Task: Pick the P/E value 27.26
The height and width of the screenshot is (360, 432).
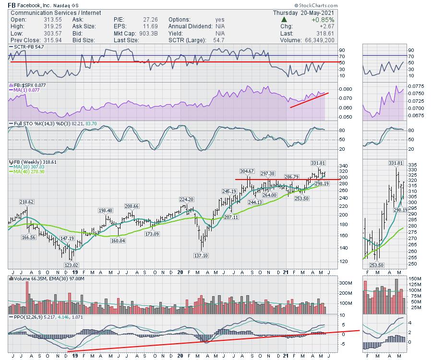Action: click(135, 19)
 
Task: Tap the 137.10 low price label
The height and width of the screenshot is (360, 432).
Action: click(201, 255)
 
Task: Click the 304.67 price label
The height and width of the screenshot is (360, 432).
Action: click(246, 171)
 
